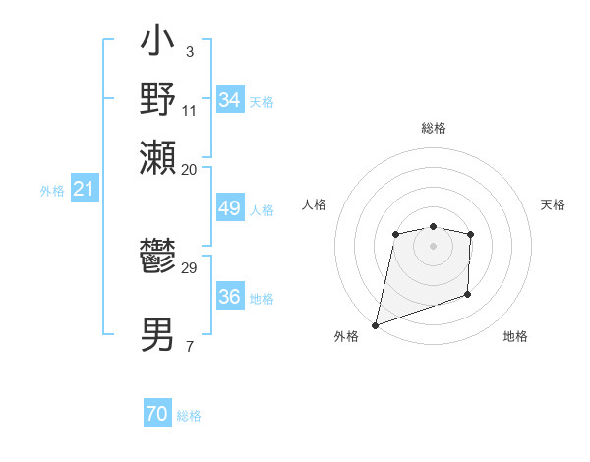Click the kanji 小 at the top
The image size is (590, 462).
coord(158,44)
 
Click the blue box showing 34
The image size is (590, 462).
coord(230,100)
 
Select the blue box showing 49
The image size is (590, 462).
coord(230,208)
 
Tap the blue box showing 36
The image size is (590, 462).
coord(230,298)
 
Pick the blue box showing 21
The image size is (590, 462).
coord(84,189)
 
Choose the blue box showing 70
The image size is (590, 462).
coord(157,415)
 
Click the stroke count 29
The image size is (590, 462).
coord(190,268)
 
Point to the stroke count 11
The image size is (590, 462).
coord(190,109)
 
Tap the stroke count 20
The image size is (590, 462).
coord(190,169)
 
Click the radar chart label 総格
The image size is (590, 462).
coord(434,128)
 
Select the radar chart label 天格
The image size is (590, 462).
coord(553,204)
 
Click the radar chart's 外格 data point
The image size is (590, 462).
coord(375,324)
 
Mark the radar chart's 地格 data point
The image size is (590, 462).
coord(467,294)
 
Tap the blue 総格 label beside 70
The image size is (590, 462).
coord(189,416)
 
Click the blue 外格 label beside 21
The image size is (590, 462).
coord(52,190)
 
